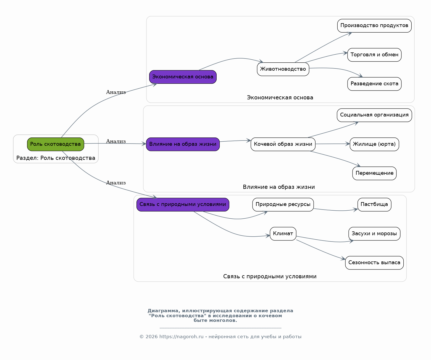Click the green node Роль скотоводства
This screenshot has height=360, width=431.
[56, 144]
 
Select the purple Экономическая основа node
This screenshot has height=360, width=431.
[183, 77]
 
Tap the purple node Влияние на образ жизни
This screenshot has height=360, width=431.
[183, 144]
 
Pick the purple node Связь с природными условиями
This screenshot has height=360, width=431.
[183, 205]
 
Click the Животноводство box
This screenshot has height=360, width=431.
[283, 69]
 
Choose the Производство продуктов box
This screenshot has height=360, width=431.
[374, 26]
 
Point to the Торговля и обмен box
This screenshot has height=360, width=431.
[374, 55]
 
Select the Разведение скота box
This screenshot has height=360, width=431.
[374, 84]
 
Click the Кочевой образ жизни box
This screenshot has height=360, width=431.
[283, 144]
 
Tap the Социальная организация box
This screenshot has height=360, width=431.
[374, 115]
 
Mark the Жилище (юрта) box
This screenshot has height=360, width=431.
[374, 144]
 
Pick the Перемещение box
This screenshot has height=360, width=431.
[374, 173]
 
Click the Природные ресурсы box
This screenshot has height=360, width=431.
[283, 205]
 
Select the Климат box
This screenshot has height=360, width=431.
[283, 234]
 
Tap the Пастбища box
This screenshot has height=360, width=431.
[374, 205]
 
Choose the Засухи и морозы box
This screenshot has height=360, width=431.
[374, 234]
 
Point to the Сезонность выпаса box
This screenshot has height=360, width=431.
[374, 263]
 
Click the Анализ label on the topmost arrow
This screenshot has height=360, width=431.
[116, 92]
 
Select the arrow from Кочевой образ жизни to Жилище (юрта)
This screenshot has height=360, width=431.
[333, 144]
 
